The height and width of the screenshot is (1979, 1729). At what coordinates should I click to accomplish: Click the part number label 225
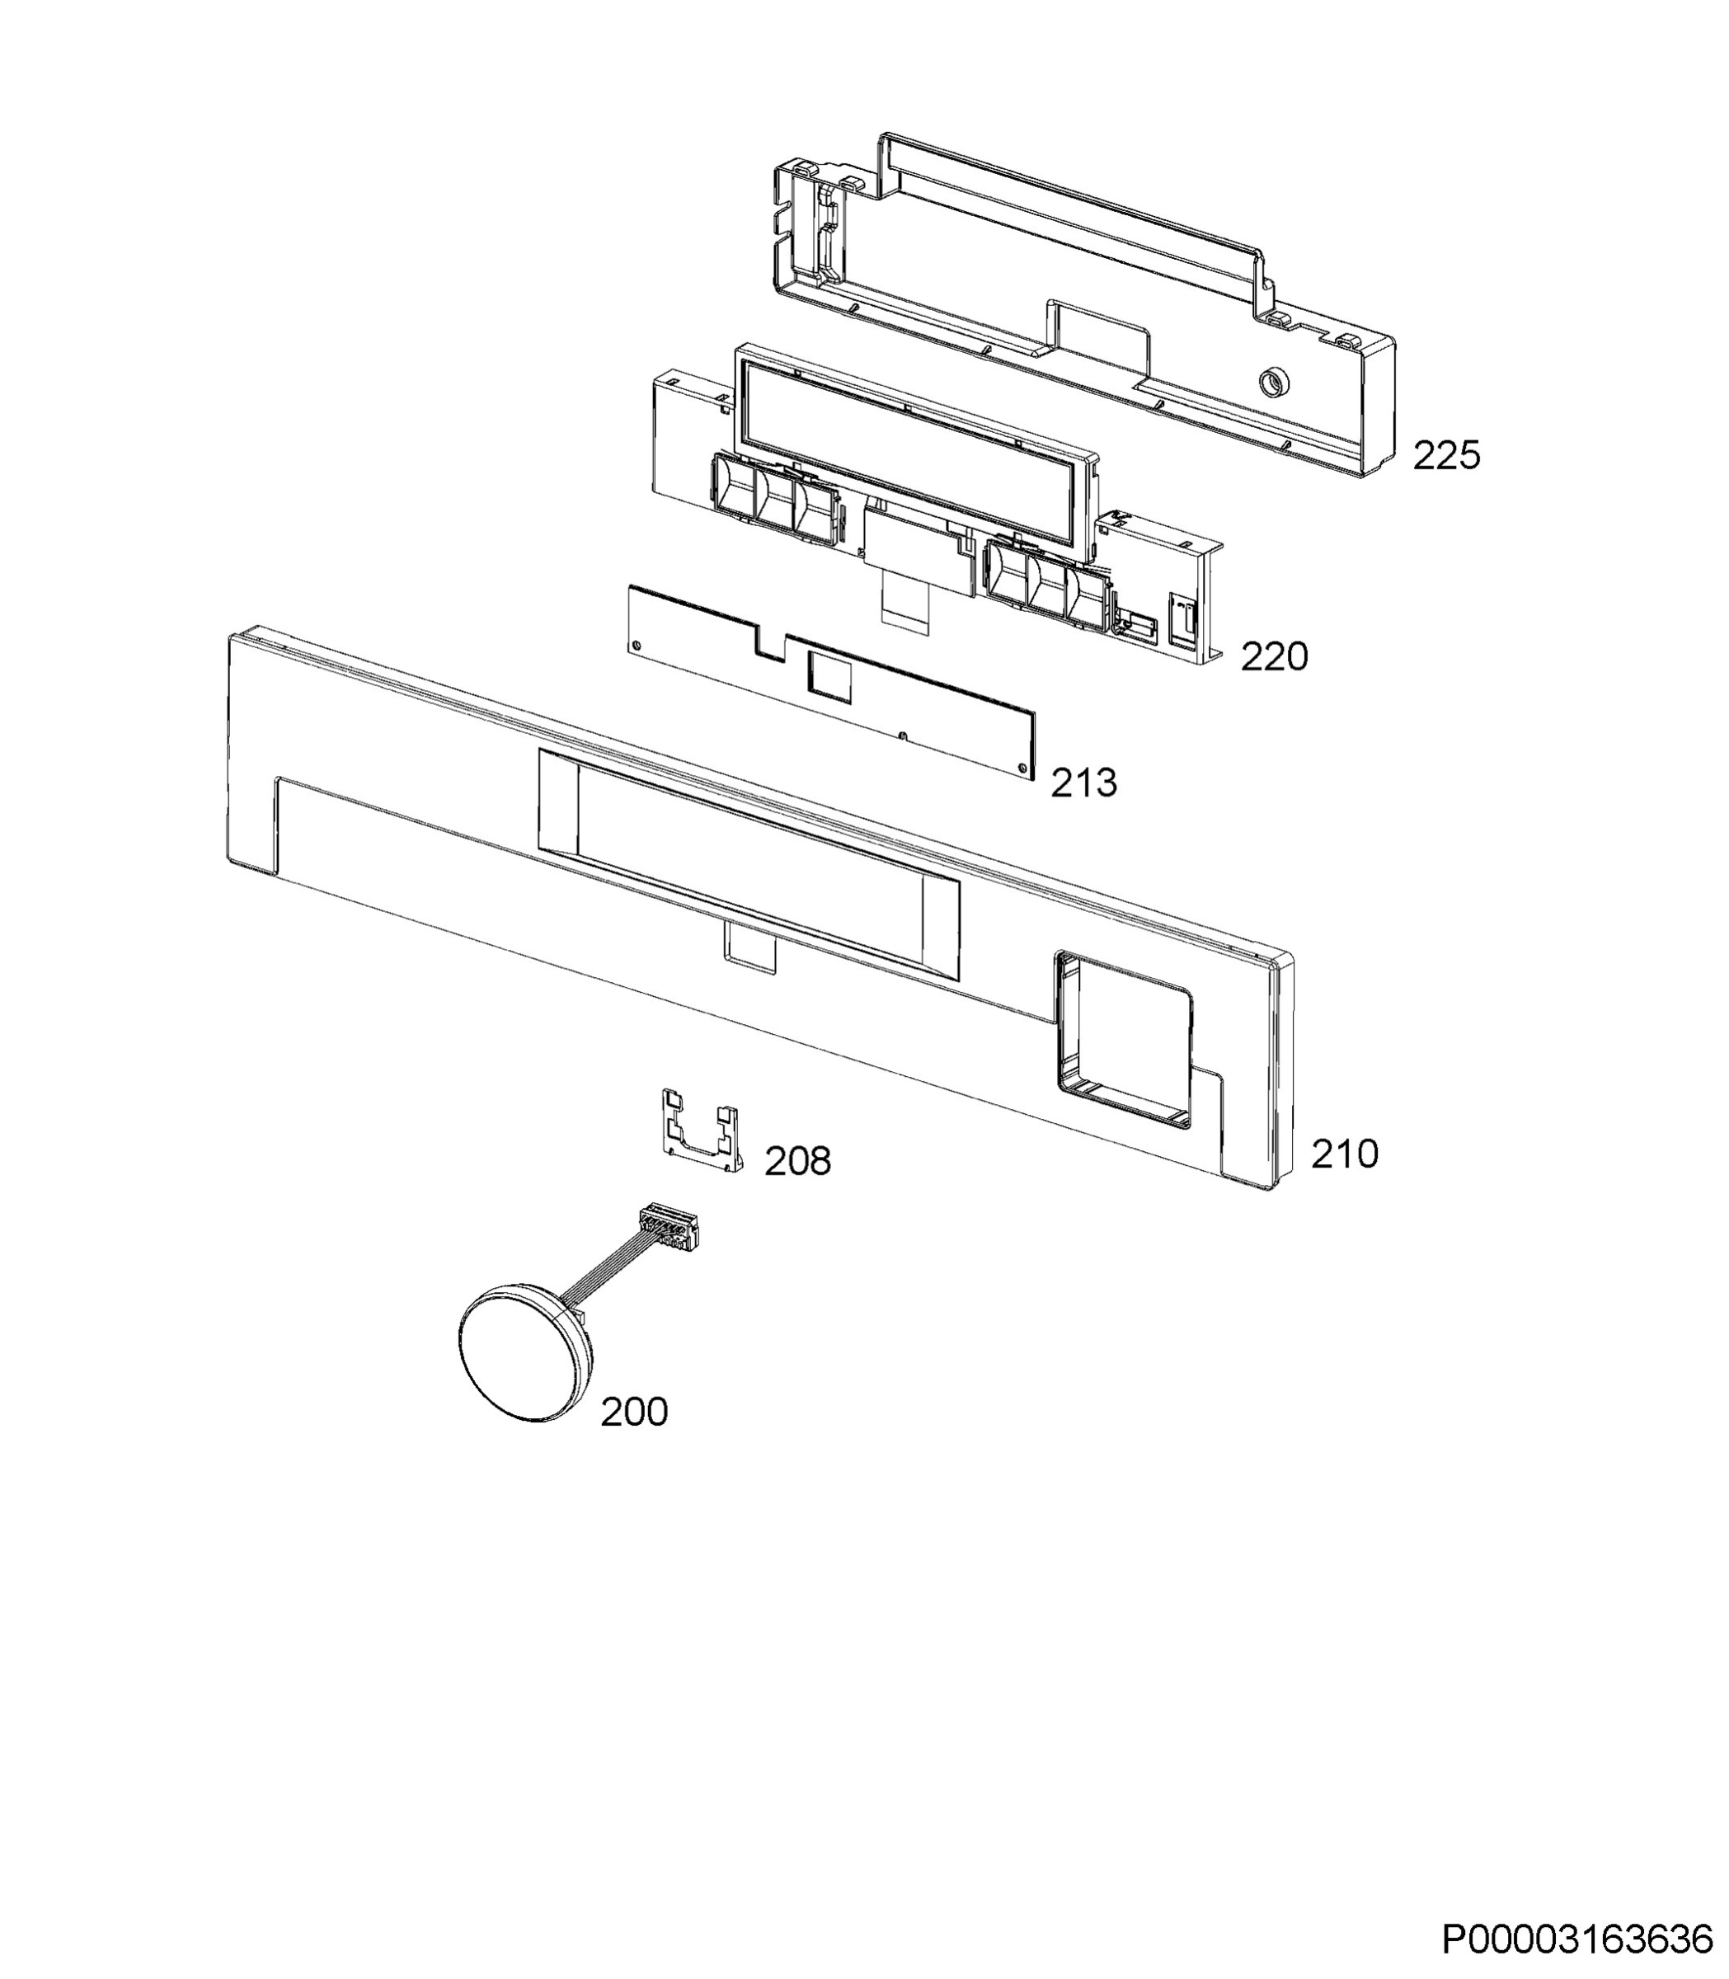tap(1446, 455)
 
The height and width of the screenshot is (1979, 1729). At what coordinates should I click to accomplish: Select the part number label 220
tap(1274, 657)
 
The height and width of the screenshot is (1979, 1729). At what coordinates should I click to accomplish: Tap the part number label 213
tap(1083, 783)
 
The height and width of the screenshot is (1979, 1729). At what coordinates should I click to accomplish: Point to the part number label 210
tap(1344, 1154)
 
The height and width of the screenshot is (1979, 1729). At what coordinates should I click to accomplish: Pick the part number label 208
tap(798, 1162)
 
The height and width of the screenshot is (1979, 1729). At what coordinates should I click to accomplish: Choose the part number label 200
tap(634, 1413)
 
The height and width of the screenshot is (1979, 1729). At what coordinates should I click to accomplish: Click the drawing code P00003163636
tap(1577, 1940)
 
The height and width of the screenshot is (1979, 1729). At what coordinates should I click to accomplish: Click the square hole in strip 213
tap(829, 673)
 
